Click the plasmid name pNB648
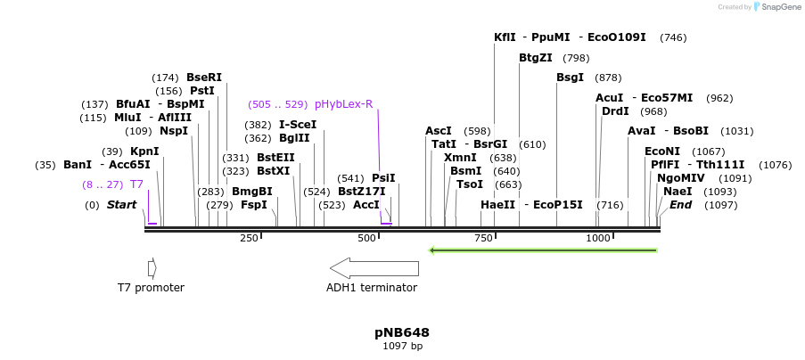tap(402, 332)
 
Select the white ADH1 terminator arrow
tap(374, 267)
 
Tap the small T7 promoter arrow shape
tap(152, 267)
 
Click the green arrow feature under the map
tap(543, 250)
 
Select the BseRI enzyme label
tap(204, 78)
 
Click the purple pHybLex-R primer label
tap(343, 104)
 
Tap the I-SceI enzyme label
tap(298, 125)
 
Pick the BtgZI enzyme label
tap(536, 58)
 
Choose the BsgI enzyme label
tap(570, 78)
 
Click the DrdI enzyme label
tap(615, 111)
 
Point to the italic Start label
tap(122, 205)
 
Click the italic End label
tap(681, 205)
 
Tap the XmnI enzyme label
tap(460, 158)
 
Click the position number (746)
tap(673, 37)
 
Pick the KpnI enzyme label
tap(144, 151)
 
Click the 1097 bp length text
tap(402, 346)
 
